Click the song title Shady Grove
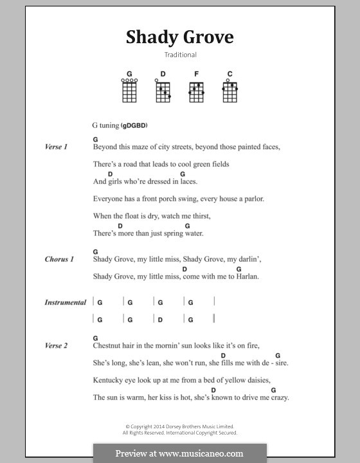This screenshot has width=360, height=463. tap(179, 37)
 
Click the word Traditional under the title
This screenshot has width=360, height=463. tap(179, 55)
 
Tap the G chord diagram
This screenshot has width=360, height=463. tap(129, 91)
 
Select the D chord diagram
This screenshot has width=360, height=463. tap(163, 91)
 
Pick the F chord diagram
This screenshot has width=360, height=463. tap(196, 91)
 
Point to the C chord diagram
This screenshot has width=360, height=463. tap(230, 91)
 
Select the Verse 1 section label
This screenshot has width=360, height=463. tap(57, 147)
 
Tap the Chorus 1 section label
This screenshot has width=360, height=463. tap(59, 259)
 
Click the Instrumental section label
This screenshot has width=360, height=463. tap(65, 302)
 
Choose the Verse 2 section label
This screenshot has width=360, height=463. tap(57, 346)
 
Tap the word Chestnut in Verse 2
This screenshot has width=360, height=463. tap(108, 346)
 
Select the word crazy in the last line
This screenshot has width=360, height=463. tap(278, 397)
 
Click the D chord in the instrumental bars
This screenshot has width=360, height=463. tap(161, 319)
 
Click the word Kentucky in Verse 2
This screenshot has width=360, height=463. tap(110, 380)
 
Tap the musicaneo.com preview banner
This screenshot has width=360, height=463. tap(180, 453)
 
